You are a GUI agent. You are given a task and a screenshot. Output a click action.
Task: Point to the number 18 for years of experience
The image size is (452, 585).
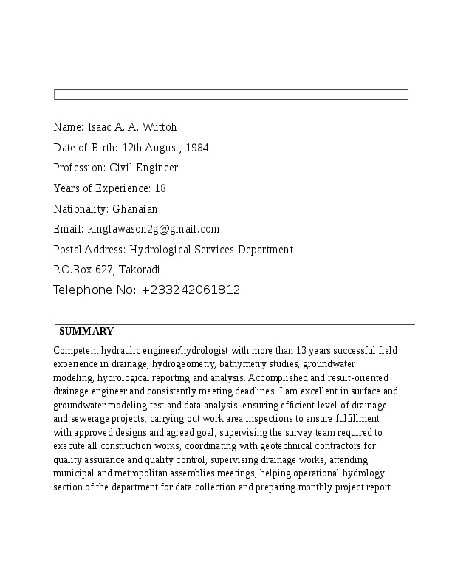coord(160,188)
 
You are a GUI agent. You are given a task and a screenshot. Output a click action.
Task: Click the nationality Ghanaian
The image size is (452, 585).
coord(135,209)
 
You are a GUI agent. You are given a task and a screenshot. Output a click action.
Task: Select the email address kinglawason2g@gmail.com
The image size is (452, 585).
coord(154,229)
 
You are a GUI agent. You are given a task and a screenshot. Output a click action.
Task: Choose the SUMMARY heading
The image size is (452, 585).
coord(86,332)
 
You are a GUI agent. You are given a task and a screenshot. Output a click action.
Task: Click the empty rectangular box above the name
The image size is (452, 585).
coord(230,95)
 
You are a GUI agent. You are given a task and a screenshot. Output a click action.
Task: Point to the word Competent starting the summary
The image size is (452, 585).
coord(76,351)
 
